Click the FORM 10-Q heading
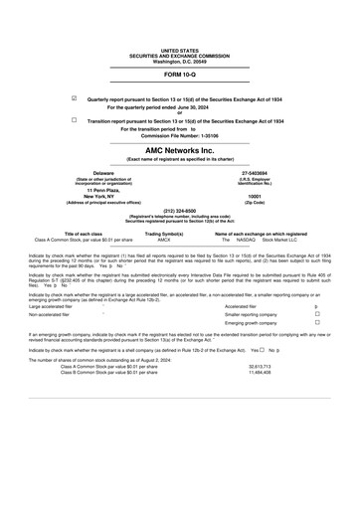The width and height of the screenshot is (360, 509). coord(179,75)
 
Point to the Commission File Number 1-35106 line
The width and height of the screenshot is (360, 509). coord(179,135)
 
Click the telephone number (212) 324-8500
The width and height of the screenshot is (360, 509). coord(179,210)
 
